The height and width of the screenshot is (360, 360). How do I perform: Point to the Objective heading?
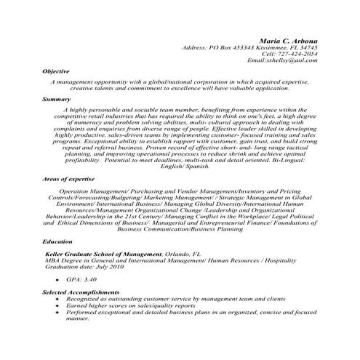pyautogui.click(x=55, y=71)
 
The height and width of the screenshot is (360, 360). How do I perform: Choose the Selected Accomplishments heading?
pyautogui.click(x=79, y=291)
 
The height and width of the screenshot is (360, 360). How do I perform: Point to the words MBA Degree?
pyautogui.click(x=63, y=260)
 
